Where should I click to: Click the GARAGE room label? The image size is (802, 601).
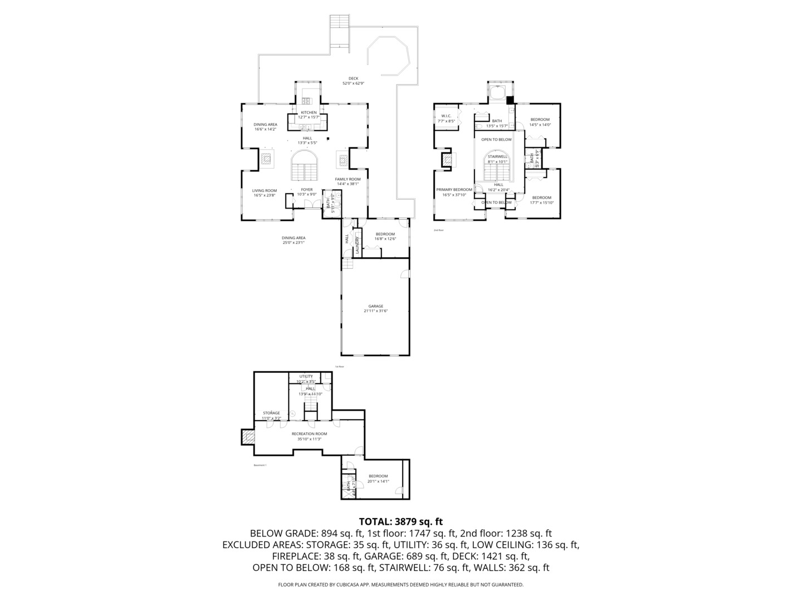click(375, 306)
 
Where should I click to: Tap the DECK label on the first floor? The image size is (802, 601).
click(353, 78)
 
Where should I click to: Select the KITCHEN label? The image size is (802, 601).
click(309, 112)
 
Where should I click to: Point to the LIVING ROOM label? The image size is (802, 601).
click(265, 190)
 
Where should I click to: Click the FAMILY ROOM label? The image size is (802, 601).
click(348, 179)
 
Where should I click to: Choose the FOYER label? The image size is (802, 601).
click(307, 190)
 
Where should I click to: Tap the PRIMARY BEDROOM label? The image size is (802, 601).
click(454, 190)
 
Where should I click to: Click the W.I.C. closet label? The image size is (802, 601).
click(446, 116)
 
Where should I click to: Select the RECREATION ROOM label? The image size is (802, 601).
click(309, 433)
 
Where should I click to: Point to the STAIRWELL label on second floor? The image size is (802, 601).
click(497, 157)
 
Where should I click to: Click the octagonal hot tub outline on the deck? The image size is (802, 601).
click(389, 56)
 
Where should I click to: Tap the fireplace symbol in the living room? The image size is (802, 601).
click(267, 160)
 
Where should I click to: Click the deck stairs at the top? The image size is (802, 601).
click(339, 31)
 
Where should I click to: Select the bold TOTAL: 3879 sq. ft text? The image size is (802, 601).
click(400, 521)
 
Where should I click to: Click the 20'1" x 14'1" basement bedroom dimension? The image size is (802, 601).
click(378, 481)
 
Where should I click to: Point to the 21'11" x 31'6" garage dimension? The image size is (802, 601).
click(375, 311)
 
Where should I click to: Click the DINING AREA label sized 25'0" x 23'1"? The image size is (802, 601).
click(293, 238)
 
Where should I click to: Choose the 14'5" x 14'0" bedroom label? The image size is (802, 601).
click(540, 120)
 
